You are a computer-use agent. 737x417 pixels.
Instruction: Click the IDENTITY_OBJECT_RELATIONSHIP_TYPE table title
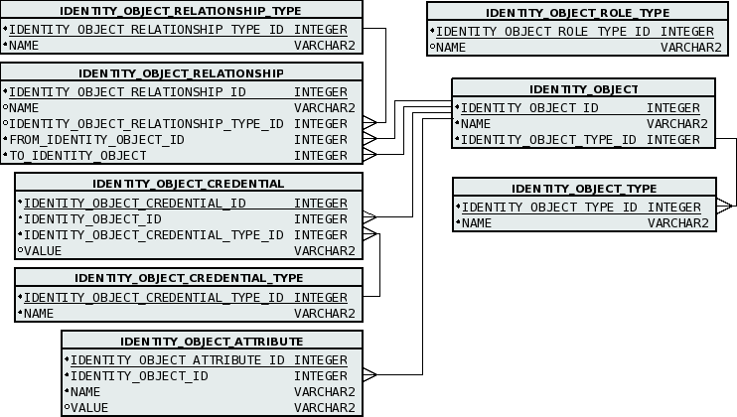tap(181, 11)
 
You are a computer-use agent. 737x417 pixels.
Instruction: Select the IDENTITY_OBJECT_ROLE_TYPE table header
tap(577, 13)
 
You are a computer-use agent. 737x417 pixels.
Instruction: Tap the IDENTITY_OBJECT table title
tap(583, 89)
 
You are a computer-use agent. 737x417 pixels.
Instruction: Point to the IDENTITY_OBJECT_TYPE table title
tap(584, 189)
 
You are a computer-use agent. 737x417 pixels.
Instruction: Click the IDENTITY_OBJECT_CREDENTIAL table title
tap(188, 184)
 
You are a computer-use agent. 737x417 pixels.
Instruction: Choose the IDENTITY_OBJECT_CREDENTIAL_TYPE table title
tap(189, 278)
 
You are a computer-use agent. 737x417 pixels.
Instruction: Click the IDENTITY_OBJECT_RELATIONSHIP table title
tap(181, 73)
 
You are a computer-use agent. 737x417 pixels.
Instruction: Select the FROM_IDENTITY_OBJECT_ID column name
tap(96, 140)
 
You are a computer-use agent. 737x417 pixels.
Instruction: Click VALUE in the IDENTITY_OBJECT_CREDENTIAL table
tap(42, 250)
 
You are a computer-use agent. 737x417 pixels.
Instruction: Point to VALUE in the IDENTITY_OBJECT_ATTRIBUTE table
tap(89, 407)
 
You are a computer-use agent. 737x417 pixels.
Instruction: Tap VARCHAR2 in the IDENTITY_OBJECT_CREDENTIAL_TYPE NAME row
tap(324, 314)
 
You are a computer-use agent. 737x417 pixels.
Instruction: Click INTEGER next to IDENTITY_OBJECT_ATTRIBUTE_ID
tap(324, 360)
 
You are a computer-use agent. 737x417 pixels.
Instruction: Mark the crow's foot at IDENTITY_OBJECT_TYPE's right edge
tap(724, 206)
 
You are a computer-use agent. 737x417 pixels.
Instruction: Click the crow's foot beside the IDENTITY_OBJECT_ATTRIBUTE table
tap(369, 375)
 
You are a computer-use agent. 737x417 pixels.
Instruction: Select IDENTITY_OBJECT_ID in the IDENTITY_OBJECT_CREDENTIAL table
tap(92, 219)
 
